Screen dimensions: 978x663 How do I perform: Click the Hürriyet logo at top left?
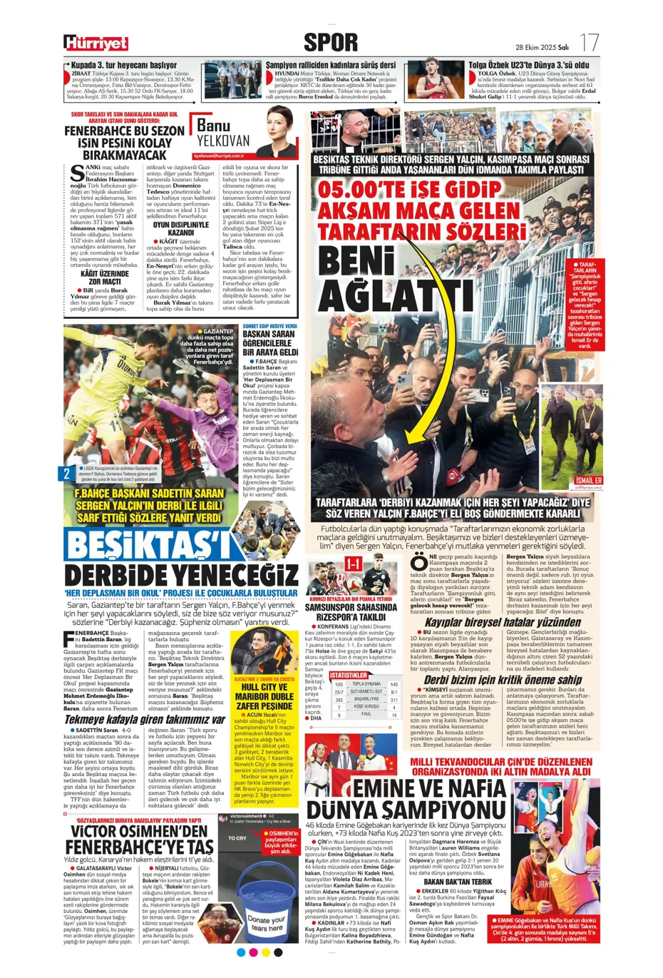[x=95, y=44]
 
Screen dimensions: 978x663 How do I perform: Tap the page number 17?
[x=589, y=42]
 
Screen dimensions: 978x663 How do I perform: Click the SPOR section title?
[x=331, y=42]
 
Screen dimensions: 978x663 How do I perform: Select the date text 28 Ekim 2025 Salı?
[x=541, y=47]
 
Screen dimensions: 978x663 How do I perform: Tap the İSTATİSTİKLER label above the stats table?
[x=349, y=675]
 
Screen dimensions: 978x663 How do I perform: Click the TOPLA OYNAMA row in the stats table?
[x=366, y=683]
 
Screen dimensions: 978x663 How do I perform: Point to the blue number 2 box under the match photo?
[x=67, y=473]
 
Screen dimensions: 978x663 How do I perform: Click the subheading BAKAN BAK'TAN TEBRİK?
[x=457, y=882]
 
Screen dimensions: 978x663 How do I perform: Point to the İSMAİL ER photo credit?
[x=589, y=480]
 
